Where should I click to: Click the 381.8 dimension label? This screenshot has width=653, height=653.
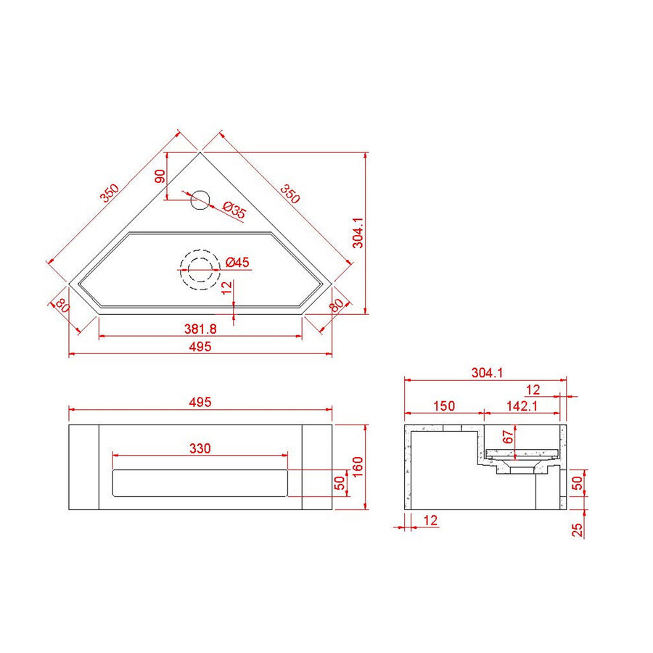coord(200,329)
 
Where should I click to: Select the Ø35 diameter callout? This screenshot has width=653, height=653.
coord(234,210)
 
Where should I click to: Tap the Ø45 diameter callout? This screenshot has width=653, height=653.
coord(237,262)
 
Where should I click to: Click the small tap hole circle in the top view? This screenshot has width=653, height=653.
coord(200,199)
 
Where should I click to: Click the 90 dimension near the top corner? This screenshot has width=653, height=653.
coord(160,177)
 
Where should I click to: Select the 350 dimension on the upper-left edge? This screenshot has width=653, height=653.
coord(110,194)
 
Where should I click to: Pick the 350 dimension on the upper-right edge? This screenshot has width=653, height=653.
coord(290,194)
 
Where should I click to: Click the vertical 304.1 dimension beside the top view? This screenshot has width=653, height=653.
coord(357,234)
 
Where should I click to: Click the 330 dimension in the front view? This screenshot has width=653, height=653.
coord(200,448)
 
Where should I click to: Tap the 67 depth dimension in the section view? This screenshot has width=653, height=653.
coord(508,437)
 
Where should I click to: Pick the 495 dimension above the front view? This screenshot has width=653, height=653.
coord(200,402)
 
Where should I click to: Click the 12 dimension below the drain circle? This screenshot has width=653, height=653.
coord(227,288)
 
